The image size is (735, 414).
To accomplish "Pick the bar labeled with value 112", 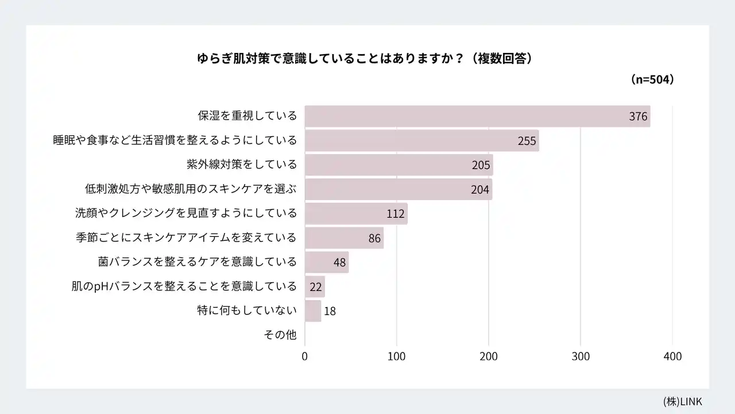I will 356,214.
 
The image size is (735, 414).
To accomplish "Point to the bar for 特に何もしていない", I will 312,311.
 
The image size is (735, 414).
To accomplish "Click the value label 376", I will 638,117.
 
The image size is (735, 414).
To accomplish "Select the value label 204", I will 479,190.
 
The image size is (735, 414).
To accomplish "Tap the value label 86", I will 374,238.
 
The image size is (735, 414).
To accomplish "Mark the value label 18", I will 330,312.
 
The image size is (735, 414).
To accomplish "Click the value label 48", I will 339,263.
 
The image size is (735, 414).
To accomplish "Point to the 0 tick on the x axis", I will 305,356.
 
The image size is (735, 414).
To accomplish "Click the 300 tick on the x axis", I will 581,356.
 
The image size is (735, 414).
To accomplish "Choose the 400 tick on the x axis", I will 672,356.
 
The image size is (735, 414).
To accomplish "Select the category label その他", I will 280,335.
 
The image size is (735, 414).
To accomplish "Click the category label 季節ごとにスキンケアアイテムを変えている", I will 186,237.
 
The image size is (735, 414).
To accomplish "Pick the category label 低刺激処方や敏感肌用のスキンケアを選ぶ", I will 191,189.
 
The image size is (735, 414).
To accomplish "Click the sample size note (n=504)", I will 652,80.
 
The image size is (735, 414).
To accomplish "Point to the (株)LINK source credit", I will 682,401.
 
